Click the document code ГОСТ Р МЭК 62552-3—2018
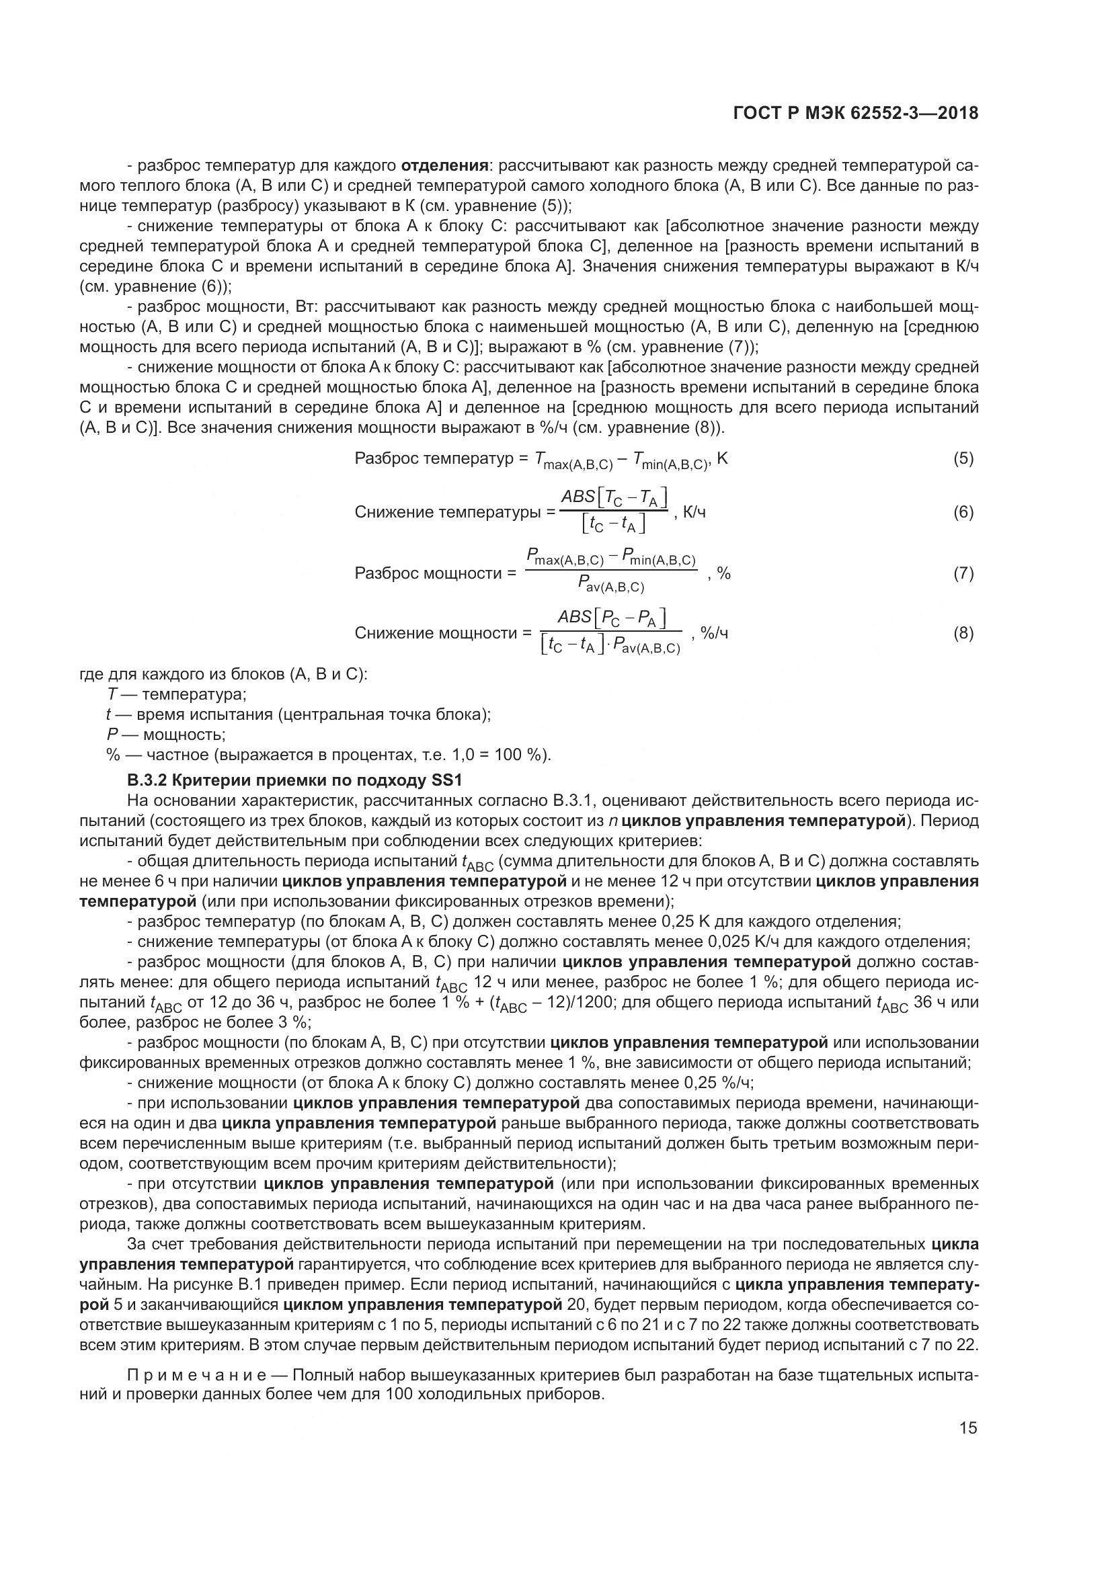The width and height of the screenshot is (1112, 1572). coord(855,114)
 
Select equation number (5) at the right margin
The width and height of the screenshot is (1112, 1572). coord(963,459)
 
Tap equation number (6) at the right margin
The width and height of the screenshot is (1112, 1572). coord(963,512)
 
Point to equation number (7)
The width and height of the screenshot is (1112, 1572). coord(963,573)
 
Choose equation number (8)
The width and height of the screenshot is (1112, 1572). coord(963,633)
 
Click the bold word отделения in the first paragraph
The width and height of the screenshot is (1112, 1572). coord(444,166)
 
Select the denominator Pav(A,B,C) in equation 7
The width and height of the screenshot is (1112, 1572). coord(610,585)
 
